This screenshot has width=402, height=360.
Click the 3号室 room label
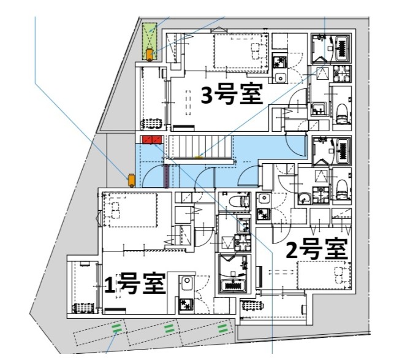(x=232, y=96)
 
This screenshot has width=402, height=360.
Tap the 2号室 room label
(x=317, y=249)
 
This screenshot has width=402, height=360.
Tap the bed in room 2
(x=324, y=274)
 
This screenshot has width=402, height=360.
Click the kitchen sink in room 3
(x=279, y=77)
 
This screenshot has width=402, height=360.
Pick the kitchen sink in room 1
(x=186, y=283)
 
